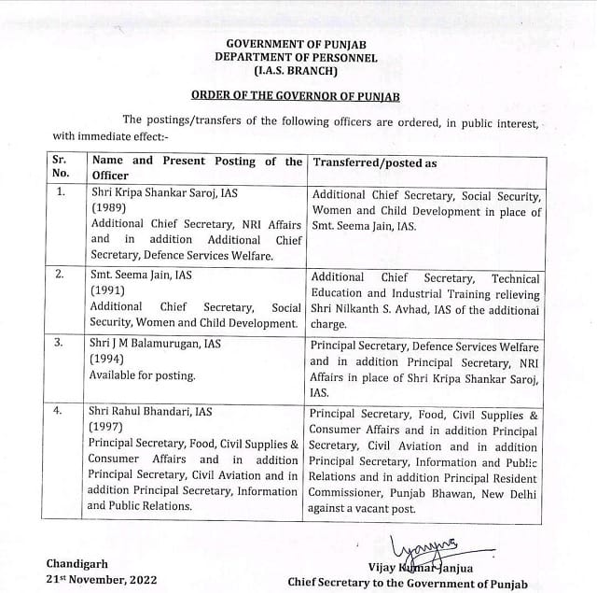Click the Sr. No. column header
click(62, 167)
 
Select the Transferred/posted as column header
click(374, 162)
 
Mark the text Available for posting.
click(142, 375)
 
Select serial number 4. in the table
click(62, 410)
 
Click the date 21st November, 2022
click(104, 582)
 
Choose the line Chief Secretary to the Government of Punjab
click(407, 583)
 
